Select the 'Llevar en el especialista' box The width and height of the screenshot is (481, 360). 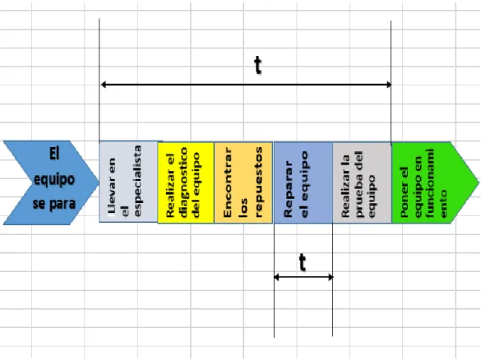128,182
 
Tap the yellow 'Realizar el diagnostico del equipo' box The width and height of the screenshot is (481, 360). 186,182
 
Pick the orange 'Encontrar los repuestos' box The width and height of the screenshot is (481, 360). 243,182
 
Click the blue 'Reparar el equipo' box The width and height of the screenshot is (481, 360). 303,182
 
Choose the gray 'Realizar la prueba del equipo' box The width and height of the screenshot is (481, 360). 362,182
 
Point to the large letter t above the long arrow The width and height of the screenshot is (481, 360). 258,66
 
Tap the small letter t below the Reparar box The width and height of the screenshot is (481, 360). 303,263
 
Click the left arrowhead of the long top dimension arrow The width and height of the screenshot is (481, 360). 104,85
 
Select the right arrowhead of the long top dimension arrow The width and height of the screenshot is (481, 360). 388,85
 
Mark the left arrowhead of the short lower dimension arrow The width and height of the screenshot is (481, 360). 277,278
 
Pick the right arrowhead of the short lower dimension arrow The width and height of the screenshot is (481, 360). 331,278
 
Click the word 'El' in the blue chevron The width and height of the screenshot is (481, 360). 54,154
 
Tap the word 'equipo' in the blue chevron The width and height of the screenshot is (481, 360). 54,179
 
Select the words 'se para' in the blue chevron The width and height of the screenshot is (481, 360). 54,204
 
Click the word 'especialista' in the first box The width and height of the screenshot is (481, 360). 137,181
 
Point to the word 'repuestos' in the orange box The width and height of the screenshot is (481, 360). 258,182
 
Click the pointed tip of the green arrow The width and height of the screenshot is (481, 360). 479,182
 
